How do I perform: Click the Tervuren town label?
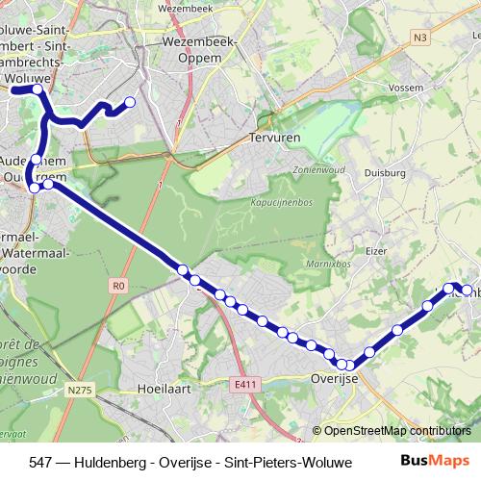(x=275, y=139)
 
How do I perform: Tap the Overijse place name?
(x=335, y=379)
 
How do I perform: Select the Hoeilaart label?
(x=163, y=392)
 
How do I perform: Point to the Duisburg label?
(x=383, y=174)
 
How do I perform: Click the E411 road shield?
(x=246, y=384)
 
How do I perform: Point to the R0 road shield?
(x=118, y=284)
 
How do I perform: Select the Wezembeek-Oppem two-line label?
(x=194, y=49)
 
